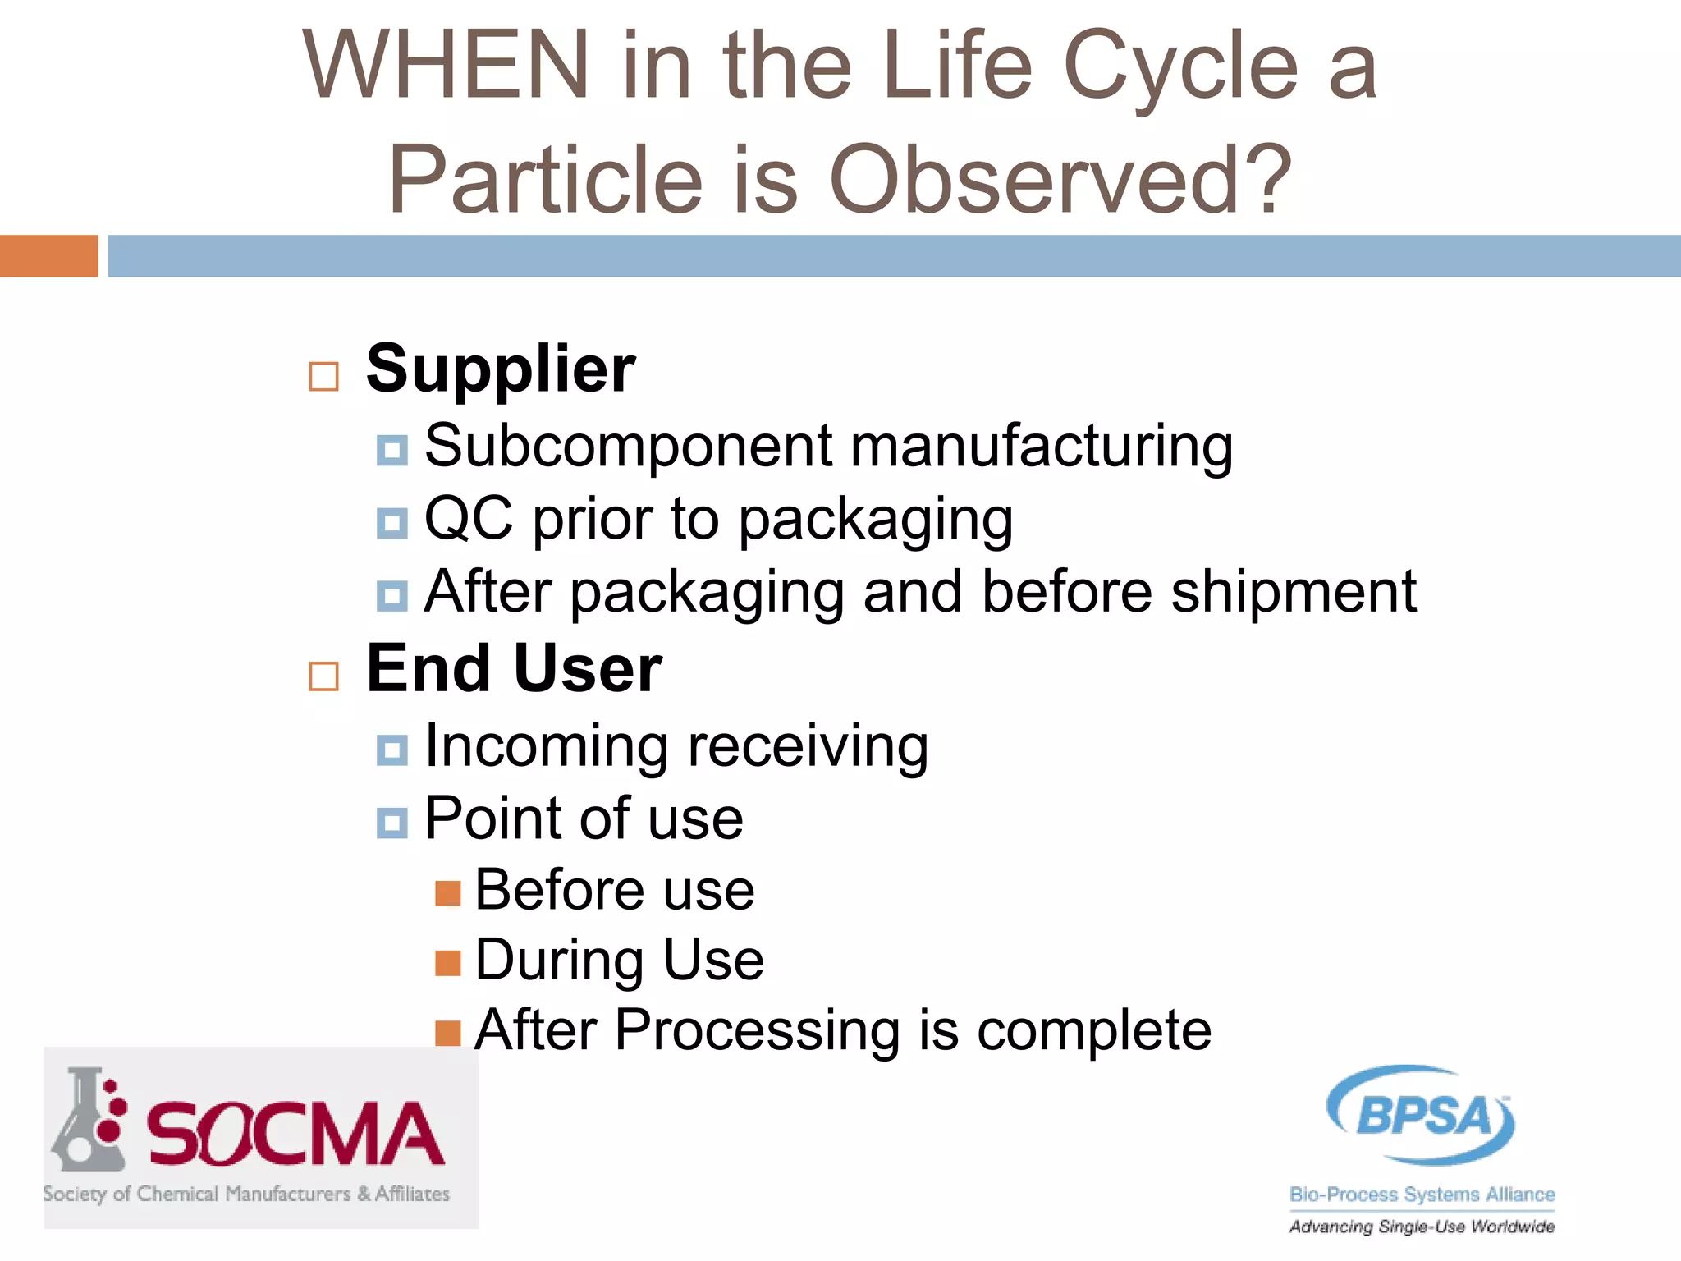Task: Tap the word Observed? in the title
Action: coord(1060,181)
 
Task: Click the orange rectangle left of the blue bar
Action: coord(48,255)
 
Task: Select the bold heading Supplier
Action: coord(500,369)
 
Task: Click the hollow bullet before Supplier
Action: coord(323,377)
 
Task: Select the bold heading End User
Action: coord(514,669)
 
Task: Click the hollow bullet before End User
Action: coord(323,676)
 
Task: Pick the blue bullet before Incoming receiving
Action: coord(392,750)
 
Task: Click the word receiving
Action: coord(808,747)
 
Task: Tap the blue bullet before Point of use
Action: coord(392,823)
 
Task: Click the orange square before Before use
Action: coord(447,893)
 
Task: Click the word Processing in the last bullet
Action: coord(757,1030)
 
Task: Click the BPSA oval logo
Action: coord(1421,1115)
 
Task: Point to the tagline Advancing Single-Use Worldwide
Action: coord(1422,1227)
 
